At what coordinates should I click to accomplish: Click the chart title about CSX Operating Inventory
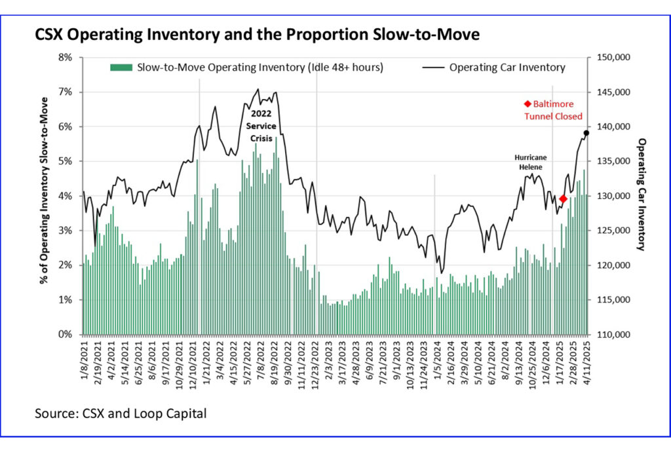[x=257, y=35]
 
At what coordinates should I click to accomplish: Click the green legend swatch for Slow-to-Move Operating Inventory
[x=121, y=67]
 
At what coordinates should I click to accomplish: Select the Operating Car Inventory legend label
[x=507, y=67]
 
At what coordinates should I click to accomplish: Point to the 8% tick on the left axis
[x=66, y=58]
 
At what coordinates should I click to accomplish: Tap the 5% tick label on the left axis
[x=66, y=161]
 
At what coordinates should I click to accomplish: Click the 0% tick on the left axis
[x=66, y=334]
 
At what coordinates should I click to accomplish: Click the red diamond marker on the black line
[x=563, y=199]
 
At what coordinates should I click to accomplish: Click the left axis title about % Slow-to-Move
[x=44, y=190]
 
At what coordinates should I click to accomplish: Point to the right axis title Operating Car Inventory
[x=643, y=195]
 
